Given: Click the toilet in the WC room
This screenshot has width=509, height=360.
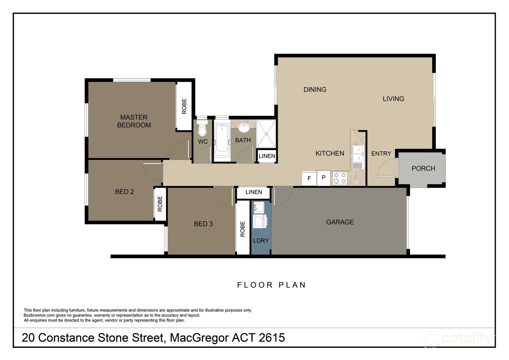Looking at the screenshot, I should click(x=202, y=129).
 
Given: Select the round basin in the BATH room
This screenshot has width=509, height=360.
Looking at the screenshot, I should click(x=244, y=128).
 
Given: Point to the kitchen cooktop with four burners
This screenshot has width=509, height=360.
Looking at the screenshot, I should click(x=340, y=178).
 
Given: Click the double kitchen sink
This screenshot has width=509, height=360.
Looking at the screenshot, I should click(x=358, y=154).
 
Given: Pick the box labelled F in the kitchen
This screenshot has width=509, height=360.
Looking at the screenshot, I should click(x=309, y=178).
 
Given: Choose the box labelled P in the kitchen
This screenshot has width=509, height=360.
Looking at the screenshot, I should click(x=324, y=178).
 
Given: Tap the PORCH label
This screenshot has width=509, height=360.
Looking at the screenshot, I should click(x=423, y=169).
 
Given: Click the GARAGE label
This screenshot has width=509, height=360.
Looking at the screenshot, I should click(x=340, y=222).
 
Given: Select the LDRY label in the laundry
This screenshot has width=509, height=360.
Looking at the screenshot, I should click(x=261, y=241).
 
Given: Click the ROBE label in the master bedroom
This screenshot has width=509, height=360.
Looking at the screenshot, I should click(x=184, y=106).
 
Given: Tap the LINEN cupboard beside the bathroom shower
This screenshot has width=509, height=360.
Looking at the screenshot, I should click(x=267, y=156).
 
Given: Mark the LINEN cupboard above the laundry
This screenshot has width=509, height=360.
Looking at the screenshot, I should click(x=254, y=192).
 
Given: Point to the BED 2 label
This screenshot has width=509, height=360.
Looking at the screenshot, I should click(x=124, y=192).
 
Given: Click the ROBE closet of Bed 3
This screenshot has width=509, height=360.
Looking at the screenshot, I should click(x=242, y=229).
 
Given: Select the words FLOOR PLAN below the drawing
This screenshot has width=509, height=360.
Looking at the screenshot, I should click(x=271, y=285).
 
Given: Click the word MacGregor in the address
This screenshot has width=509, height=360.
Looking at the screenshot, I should click(x=199, y=338).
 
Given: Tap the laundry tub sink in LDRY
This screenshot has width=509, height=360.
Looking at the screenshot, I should click(x=259, y=207).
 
